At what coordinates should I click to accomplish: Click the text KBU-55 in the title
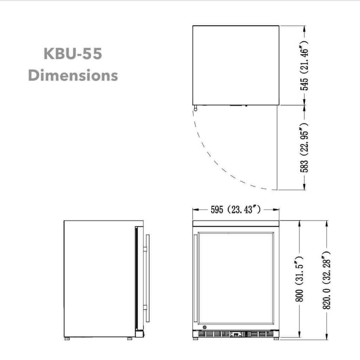click(73, 54)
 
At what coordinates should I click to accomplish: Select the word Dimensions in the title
click(73, 75)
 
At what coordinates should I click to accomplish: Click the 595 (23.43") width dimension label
click(235, 210)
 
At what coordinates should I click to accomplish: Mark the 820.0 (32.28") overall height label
click(327, 279)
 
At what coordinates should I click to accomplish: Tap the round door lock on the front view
click(205, 327)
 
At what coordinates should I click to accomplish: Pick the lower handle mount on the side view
click(145, 308)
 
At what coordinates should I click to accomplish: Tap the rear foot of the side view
click(67, 339)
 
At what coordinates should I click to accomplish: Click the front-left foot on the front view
click(195, 339)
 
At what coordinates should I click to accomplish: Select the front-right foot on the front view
click(276, 339)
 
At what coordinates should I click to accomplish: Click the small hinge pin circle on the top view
click(195, 109)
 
